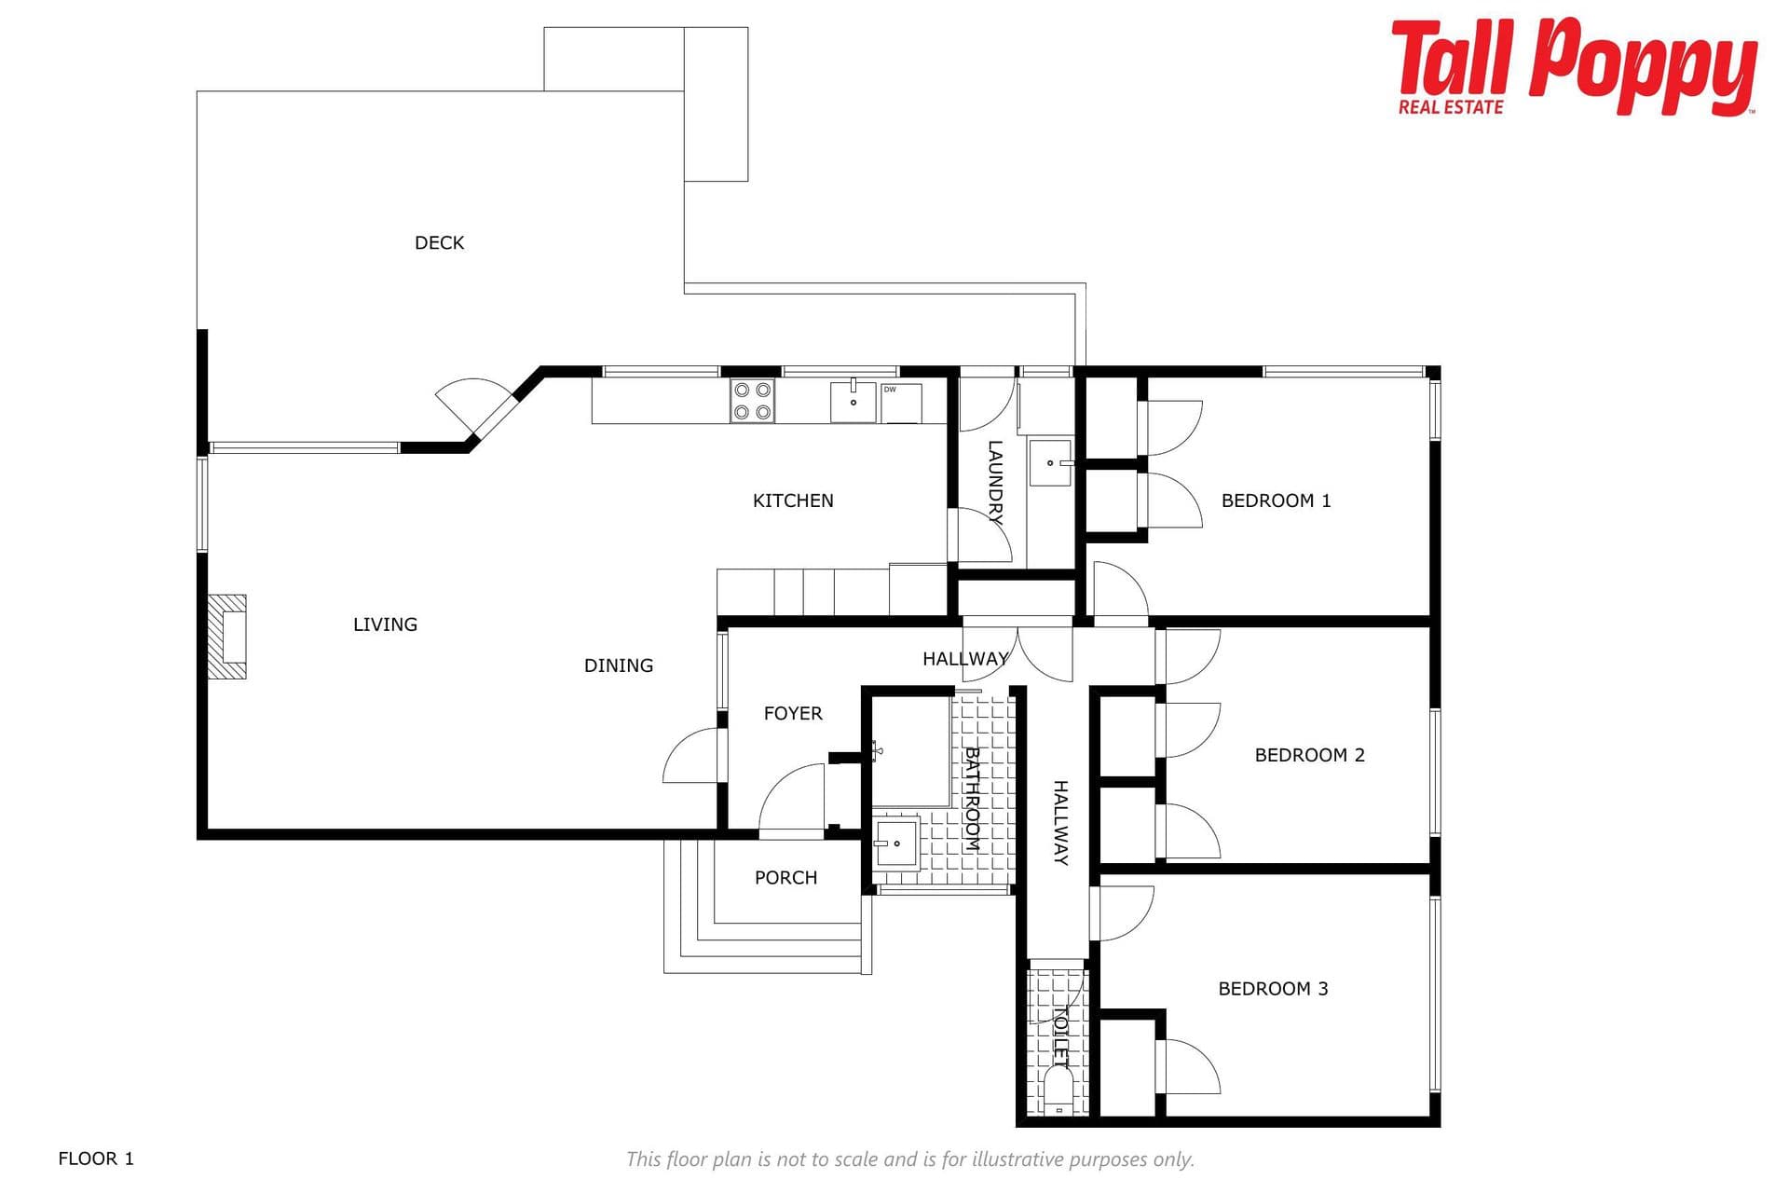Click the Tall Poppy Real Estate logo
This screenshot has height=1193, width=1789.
pos(1573,67)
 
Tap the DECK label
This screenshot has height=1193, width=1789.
pos(439,243)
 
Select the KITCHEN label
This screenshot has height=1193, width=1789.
pos(793,501)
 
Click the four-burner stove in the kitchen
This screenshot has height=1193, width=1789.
pos(752,401)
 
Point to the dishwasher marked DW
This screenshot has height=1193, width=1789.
pos(900,403)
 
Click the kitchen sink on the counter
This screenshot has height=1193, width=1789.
pos(854,402)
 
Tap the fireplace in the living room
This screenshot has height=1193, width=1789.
pos(226,637)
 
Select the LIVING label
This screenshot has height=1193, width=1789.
pos(385,624)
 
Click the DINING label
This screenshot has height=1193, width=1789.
pos(619,665)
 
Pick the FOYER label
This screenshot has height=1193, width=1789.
pos(793,714)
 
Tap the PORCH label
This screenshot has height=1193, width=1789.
pos(785,878)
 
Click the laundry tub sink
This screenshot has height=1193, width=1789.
pos(1050,463)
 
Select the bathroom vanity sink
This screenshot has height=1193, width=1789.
pos(896,843)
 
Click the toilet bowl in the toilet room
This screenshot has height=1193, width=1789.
pos(1058,1091)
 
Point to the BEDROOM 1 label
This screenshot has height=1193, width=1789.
pos(1276,501)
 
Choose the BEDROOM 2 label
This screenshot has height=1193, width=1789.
pos(1309,755)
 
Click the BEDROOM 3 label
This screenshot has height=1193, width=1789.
pos(1273,989)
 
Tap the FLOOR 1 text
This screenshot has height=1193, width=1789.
pos(96,1159)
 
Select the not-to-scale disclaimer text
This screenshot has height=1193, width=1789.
pos(909,1159)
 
